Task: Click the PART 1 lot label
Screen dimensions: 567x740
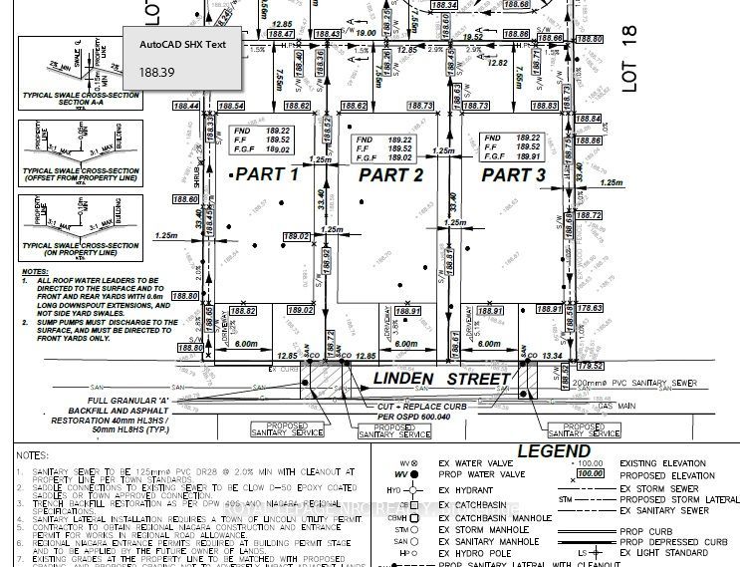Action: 266,174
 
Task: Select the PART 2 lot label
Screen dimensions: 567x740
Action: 391,174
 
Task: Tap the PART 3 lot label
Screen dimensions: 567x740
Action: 513,174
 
